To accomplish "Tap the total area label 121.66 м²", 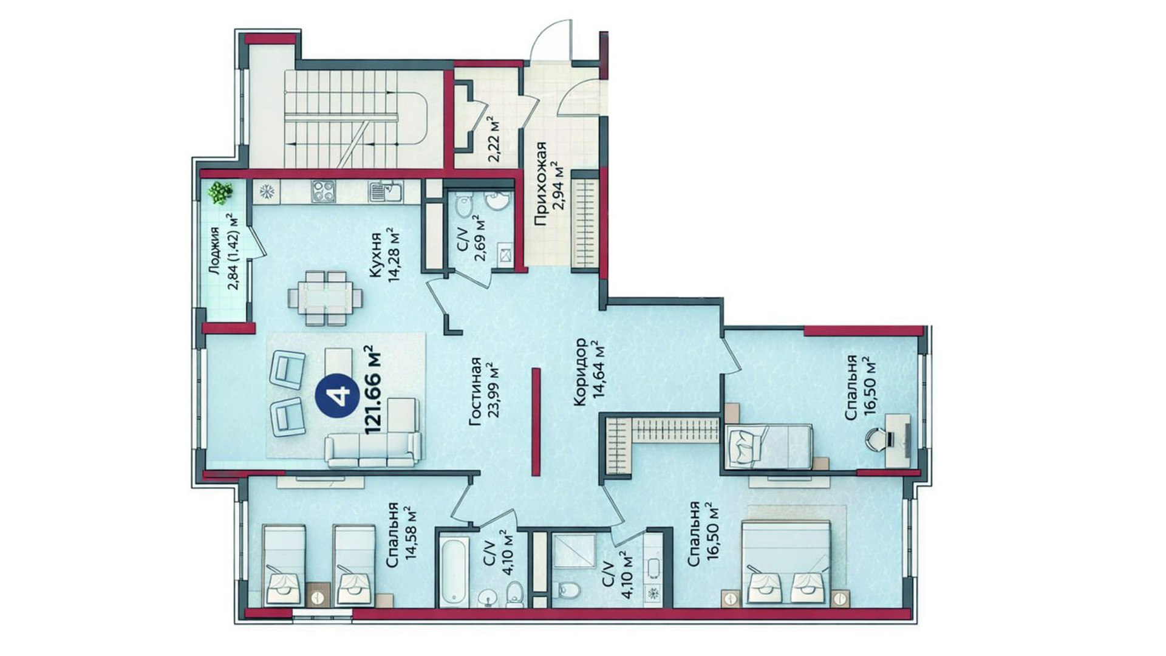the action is [x=371, y=389].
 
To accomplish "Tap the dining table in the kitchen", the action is [x=326, y=298].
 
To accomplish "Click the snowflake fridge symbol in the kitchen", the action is [x=266, y=192].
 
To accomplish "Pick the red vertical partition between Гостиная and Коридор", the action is [x=536, y=422].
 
